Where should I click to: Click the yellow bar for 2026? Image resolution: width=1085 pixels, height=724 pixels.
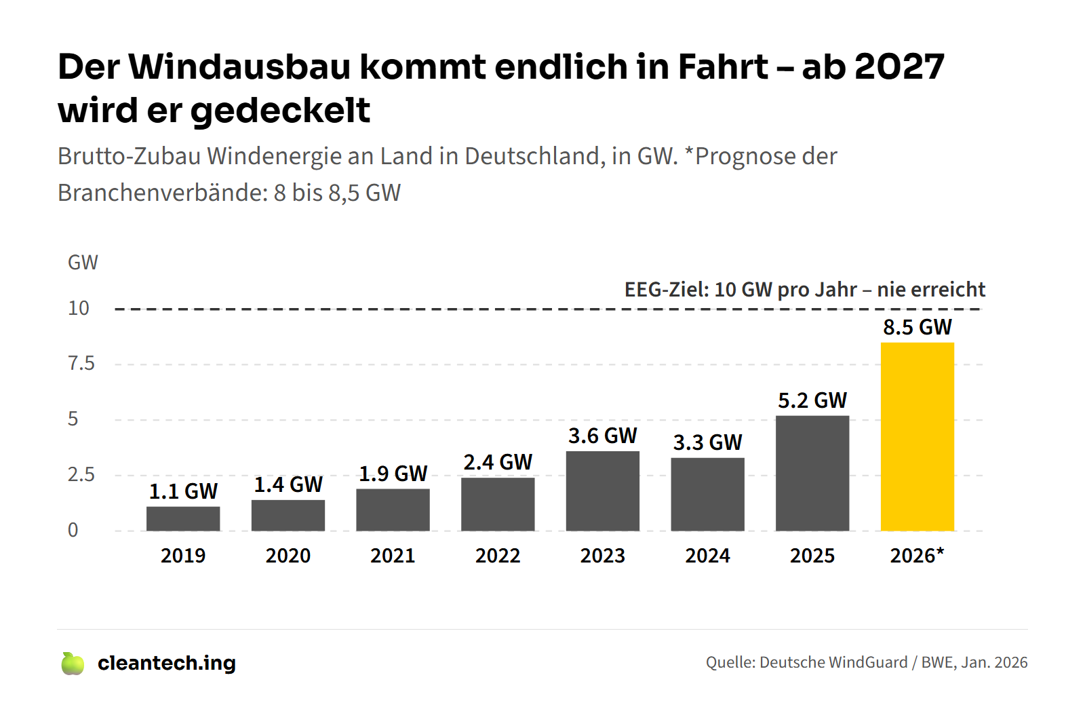click(917, 436)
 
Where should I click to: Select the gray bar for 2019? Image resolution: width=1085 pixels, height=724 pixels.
click(183, 518)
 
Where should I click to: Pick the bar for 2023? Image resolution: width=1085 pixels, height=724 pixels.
click(603, 491)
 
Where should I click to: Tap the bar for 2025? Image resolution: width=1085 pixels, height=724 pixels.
click(812, 474)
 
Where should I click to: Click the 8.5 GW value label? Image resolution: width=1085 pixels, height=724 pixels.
click(917, 327)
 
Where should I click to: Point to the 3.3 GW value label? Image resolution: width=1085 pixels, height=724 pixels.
click(707, 442)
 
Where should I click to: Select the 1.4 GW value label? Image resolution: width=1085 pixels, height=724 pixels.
click(288, 484)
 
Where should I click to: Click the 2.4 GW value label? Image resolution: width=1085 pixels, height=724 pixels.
click(498, 462)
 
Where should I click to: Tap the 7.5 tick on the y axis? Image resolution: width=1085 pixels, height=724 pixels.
click(81, 364)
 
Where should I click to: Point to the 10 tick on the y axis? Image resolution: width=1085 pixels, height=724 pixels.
click(79, 308)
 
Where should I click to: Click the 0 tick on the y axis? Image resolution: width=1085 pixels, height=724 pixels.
click(73, 530)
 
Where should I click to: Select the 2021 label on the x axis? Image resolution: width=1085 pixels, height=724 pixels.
click(393, 556)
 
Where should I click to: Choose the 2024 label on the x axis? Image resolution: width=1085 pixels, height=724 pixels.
click(707, 556)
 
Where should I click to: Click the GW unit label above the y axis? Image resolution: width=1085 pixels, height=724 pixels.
click(83, 263)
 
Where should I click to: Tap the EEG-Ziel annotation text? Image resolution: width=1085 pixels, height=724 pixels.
click(804, 290)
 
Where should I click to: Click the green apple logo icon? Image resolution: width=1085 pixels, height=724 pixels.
click(73, 664)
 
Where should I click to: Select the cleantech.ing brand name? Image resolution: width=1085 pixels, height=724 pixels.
click(167, 664)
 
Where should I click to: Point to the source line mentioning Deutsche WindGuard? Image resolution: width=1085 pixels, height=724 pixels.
click(867, 662)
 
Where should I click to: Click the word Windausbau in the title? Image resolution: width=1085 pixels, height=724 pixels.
click(239, 67)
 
